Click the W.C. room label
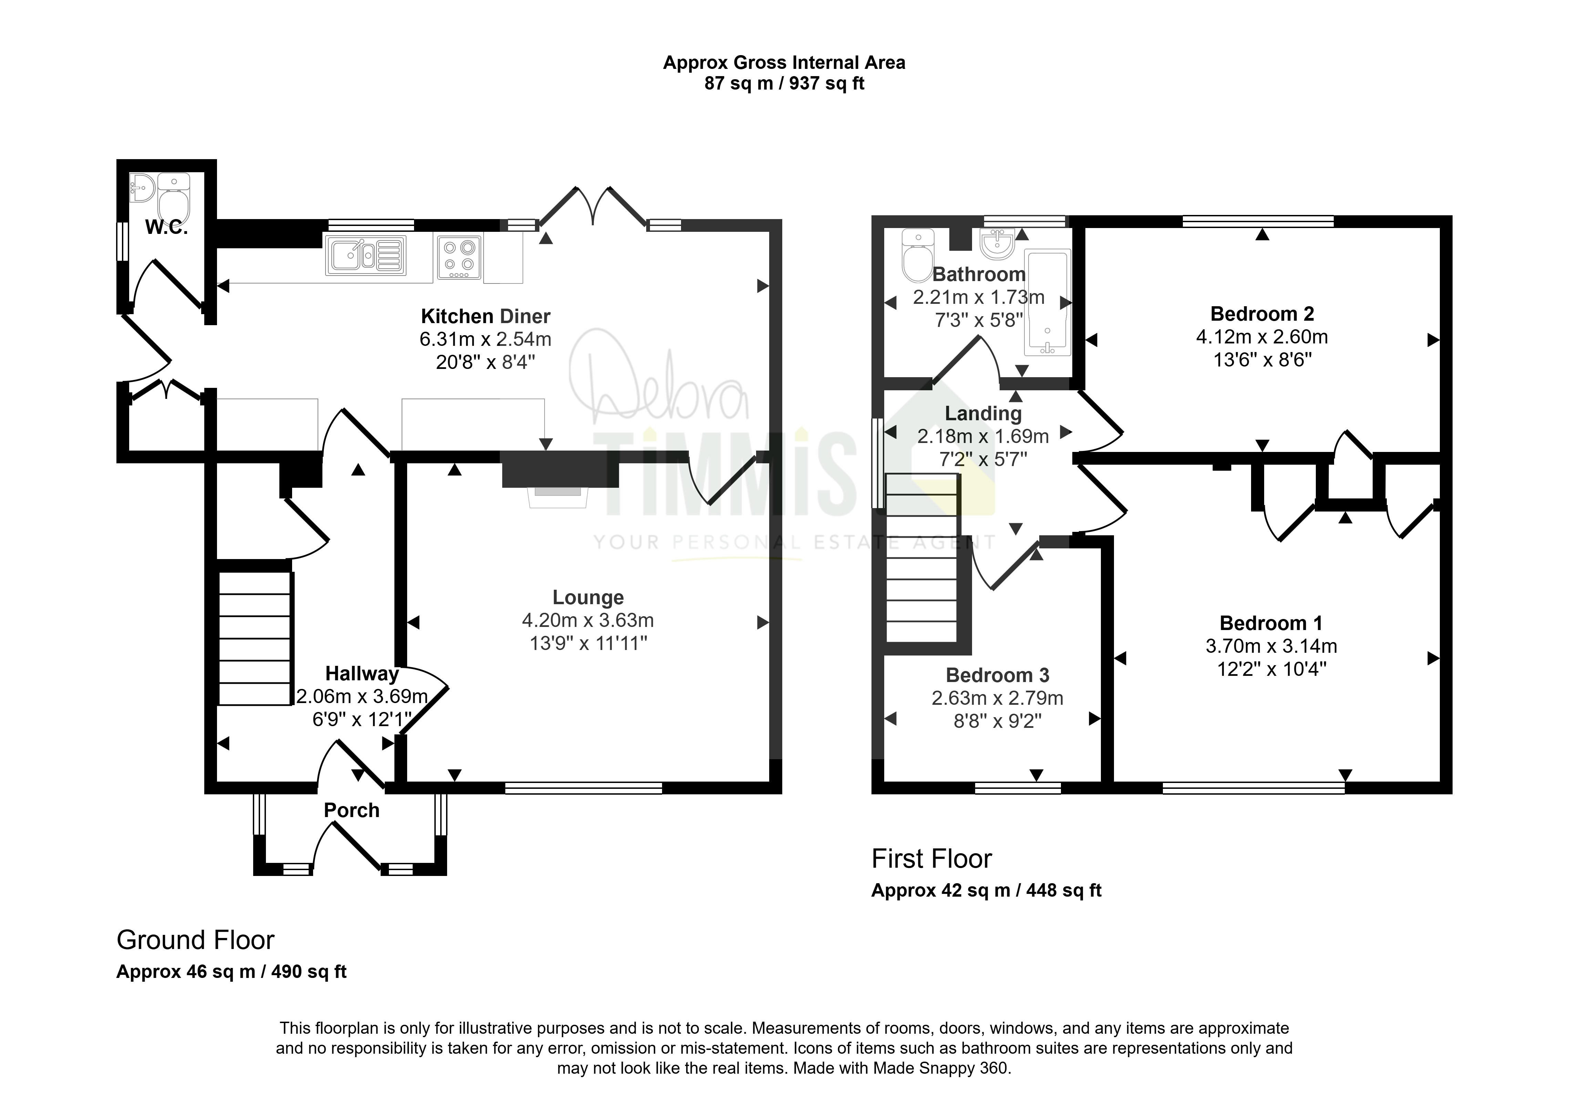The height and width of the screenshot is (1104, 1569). coord(166,227)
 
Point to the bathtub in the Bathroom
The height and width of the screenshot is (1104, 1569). coord(1047,303)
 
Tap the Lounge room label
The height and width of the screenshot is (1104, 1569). coord(588,598)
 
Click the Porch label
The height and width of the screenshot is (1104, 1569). coord(351,810)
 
